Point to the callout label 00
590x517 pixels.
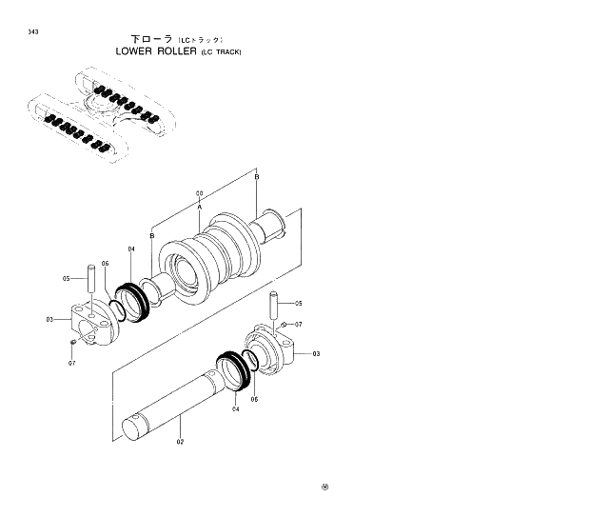tap(200, 193)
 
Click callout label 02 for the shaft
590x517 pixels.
tap(181, 442)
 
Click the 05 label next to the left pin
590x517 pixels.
tap(67, 278)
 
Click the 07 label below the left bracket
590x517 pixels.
tap(71, 363)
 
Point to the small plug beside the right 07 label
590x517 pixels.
tap(285, 327)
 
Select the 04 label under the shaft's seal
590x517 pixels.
tap(236, 408)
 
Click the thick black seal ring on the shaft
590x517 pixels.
tap(232, 368)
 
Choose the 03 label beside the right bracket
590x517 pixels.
tap(317, 353)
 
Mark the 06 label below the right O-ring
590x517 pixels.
tap(254, 399)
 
